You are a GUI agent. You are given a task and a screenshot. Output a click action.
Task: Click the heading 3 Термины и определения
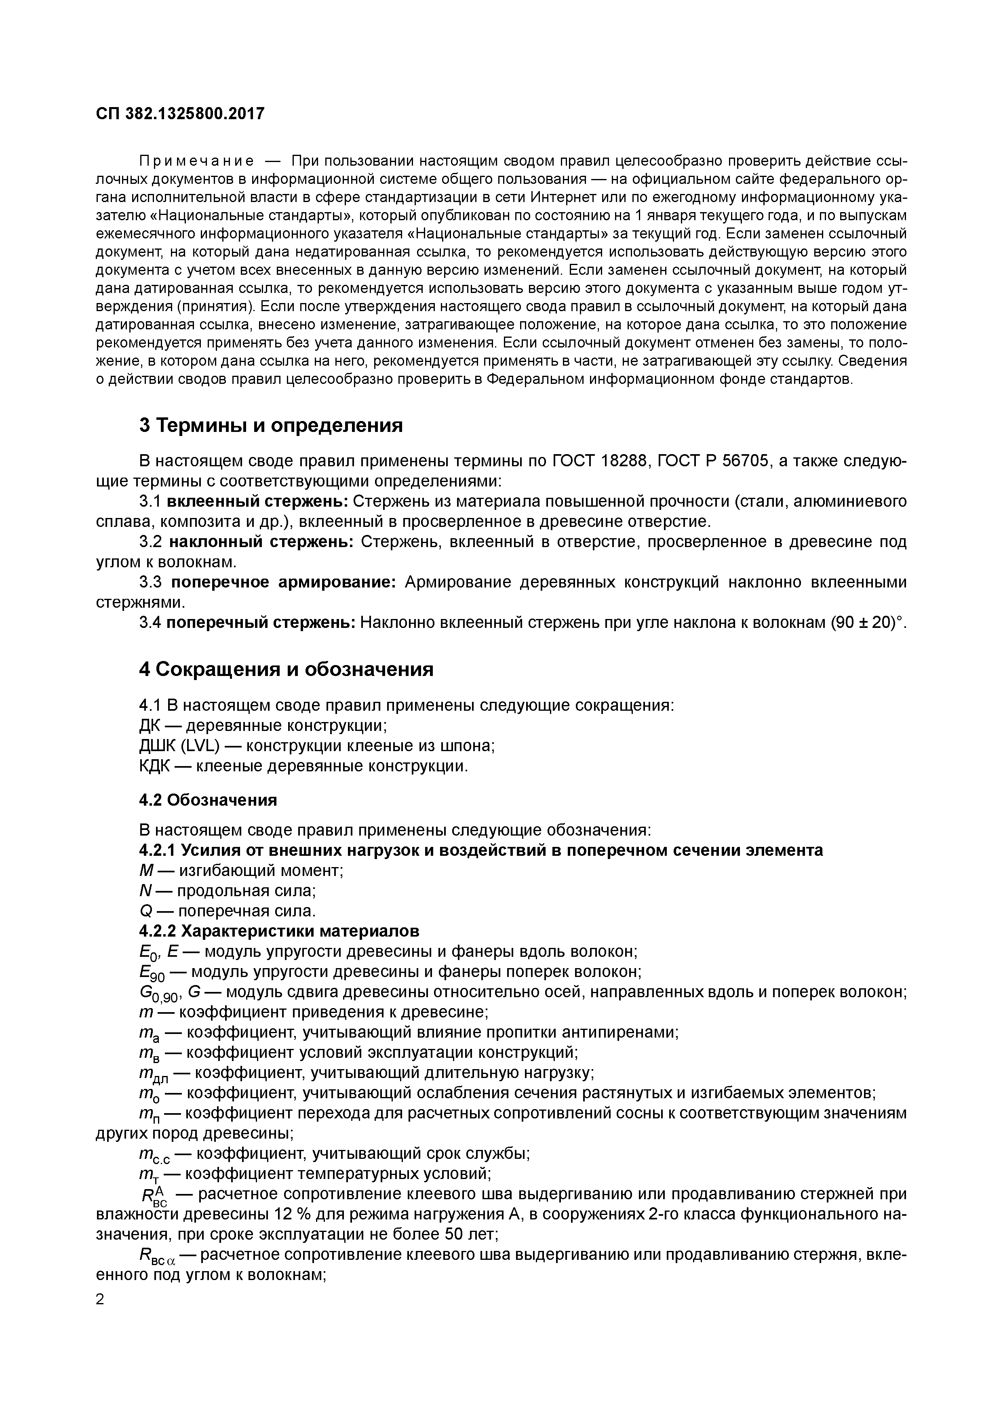point(270,425)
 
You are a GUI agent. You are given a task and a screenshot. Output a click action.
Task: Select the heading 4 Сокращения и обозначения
point(286,669)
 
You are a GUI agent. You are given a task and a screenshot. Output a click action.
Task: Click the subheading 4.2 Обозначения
point(208,800)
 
